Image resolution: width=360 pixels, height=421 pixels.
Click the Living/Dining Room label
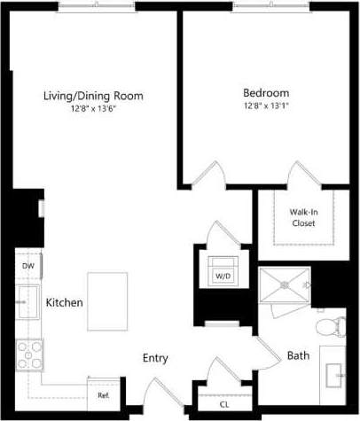(x=94, y=96)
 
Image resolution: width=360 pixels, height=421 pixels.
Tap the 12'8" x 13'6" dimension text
(x=94, y=108)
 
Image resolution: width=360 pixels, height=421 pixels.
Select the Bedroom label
(x=265, y=92)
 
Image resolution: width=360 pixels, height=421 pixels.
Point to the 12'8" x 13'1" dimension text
(x=265, y=105)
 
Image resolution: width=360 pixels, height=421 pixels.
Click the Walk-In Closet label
(x=304, y=217)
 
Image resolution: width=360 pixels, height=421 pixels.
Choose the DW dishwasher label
(x=27, y=265)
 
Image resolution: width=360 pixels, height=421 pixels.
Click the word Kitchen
(x=65, y=302)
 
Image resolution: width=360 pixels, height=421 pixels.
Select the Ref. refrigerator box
(x=103, y=394)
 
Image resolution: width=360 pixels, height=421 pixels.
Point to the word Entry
(x=156, y=358)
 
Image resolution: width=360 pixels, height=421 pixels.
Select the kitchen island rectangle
(x=107, y=300)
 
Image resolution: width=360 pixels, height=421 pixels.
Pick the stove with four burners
(x=30, y=355)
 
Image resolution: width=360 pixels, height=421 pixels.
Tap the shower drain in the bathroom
(x=285, y=285)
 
